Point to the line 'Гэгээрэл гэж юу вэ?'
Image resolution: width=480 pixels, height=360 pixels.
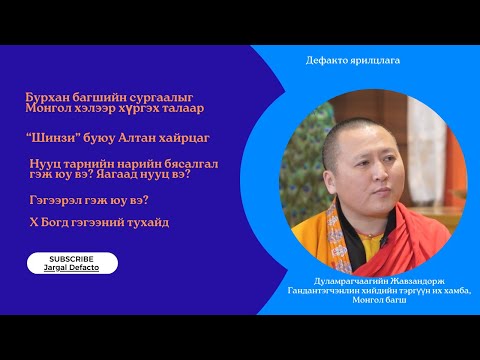[x=82, y=200]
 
